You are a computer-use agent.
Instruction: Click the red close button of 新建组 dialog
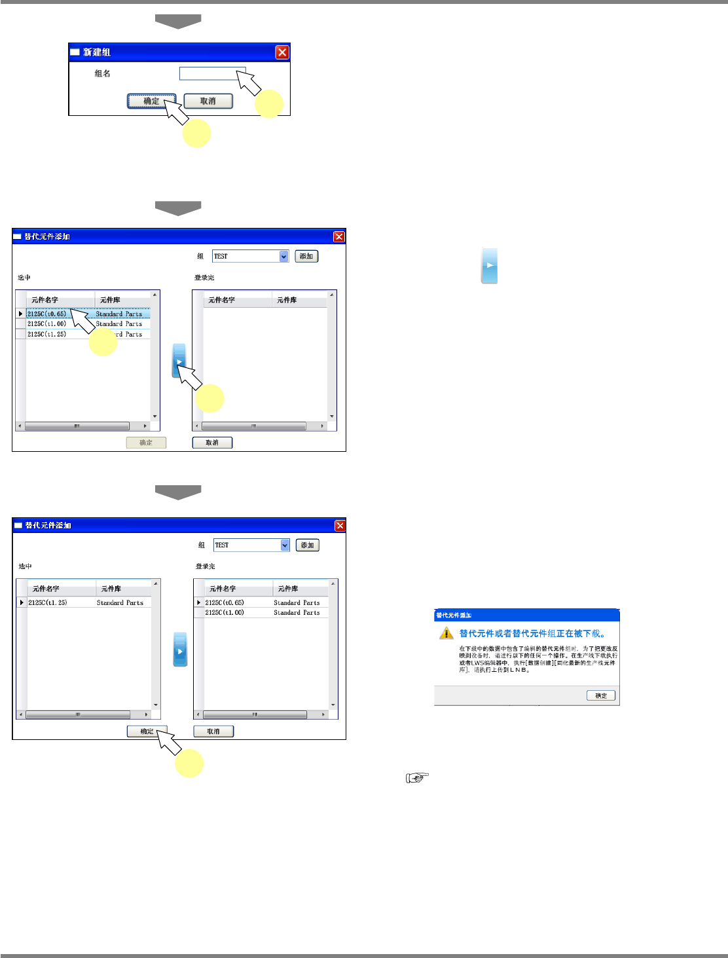click(x=282, y=52)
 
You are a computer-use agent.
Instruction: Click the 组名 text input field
click(x=212, y=73)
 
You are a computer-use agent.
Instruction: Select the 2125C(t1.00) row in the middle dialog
click(x=47, y=324)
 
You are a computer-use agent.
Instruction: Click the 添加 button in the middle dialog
click(x=306, y=256)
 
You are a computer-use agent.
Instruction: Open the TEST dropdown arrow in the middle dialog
click(x=284, y=256)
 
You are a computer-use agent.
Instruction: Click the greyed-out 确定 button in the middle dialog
click(x=146, y=443)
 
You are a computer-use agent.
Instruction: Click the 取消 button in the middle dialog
click(x=212, y=443)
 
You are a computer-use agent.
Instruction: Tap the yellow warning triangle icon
click(x=446, y=633)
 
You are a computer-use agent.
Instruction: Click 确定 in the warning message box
click(x=601, y=695)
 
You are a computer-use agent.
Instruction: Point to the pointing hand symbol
click(x=417, y=777)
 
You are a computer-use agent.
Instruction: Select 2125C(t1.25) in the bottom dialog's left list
click(x=48, y=602)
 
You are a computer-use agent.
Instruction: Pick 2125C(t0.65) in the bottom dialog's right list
click(x=225, y=602)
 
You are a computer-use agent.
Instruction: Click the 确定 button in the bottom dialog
click(x=147, y=731)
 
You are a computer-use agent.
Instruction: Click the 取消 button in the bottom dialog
click(x=213, y=731)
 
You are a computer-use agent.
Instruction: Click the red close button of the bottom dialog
click(x=340, y=525)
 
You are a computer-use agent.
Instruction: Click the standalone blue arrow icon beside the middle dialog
click(x=490, y=265)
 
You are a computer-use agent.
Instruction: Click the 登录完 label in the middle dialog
click(x=204, y=278)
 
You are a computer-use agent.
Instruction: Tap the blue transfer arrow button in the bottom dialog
click(x=180, y=650)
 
